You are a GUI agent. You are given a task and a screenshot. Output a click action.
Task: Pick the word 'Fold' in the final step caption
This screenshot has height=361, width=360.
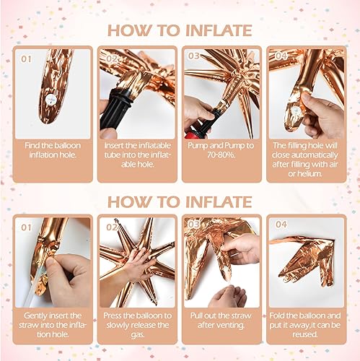click(x=284, y=316)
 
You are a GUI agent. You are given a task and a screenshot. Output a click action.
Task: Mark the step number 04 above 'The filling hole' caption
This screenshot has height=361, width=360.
click(x=281, y=55)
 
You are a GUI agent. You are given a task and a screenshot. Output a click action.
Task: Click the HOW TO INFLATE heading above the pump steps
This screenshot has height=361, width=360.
click(x=180, y=30)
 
